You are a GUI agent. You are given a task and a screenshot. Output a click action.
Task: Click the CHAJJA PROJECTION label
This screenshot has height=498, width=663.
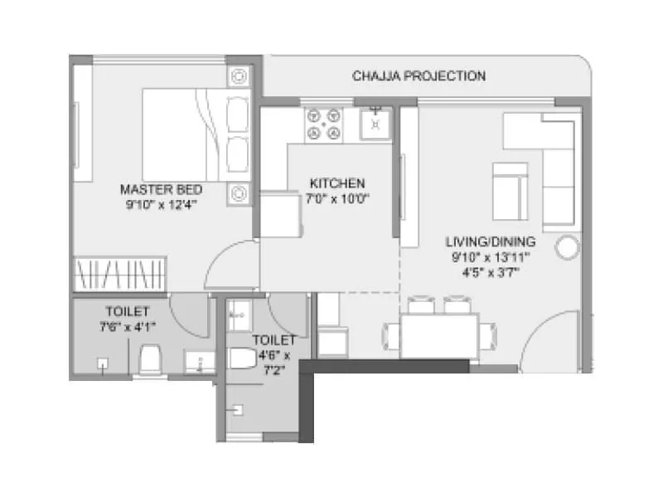tap(419, 76)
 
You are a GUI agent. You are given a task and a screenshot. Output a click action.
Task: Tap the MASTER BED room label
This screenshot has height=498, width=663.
tap(161, 188)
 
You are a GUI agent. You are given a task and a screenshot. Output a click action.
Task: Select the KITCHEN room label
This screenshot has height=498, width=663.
tap(337, 183)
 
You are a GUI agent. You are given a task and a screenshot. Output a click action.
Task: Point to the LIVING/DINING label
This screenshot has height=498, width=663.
tap(491, 242)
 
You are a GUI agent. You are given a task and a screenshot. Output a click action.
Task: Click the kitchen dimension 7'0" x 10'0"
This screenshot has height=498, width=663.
tap(338, 198)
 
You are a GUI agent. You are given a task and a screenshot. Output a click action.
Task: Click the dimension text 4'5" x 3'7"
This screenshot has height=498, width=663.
tap(491, 271)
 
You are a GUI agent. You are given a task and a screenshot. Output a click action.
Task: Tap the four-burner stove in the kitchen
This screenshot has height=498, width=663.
tap(324, 124)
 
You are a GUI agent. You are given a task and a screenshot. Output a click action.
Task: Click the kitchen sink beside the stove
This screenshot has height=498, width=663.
tap(375, 123)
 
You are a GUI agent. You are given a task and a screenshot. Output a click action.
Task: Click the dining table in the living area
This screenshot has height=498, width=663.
tap(439, 335)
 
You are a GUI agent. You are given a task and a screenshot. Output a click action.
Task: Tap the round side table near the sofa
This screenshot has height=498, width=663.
tap(568, 247)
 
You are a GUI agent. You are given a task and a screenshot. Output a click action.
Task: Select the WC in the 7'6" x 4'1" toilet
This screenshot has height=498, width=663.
tap(150, 359)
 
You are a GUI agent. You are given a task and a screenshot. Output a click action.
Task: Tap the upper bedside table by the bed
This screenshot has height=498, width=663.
tap(239, 76)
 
